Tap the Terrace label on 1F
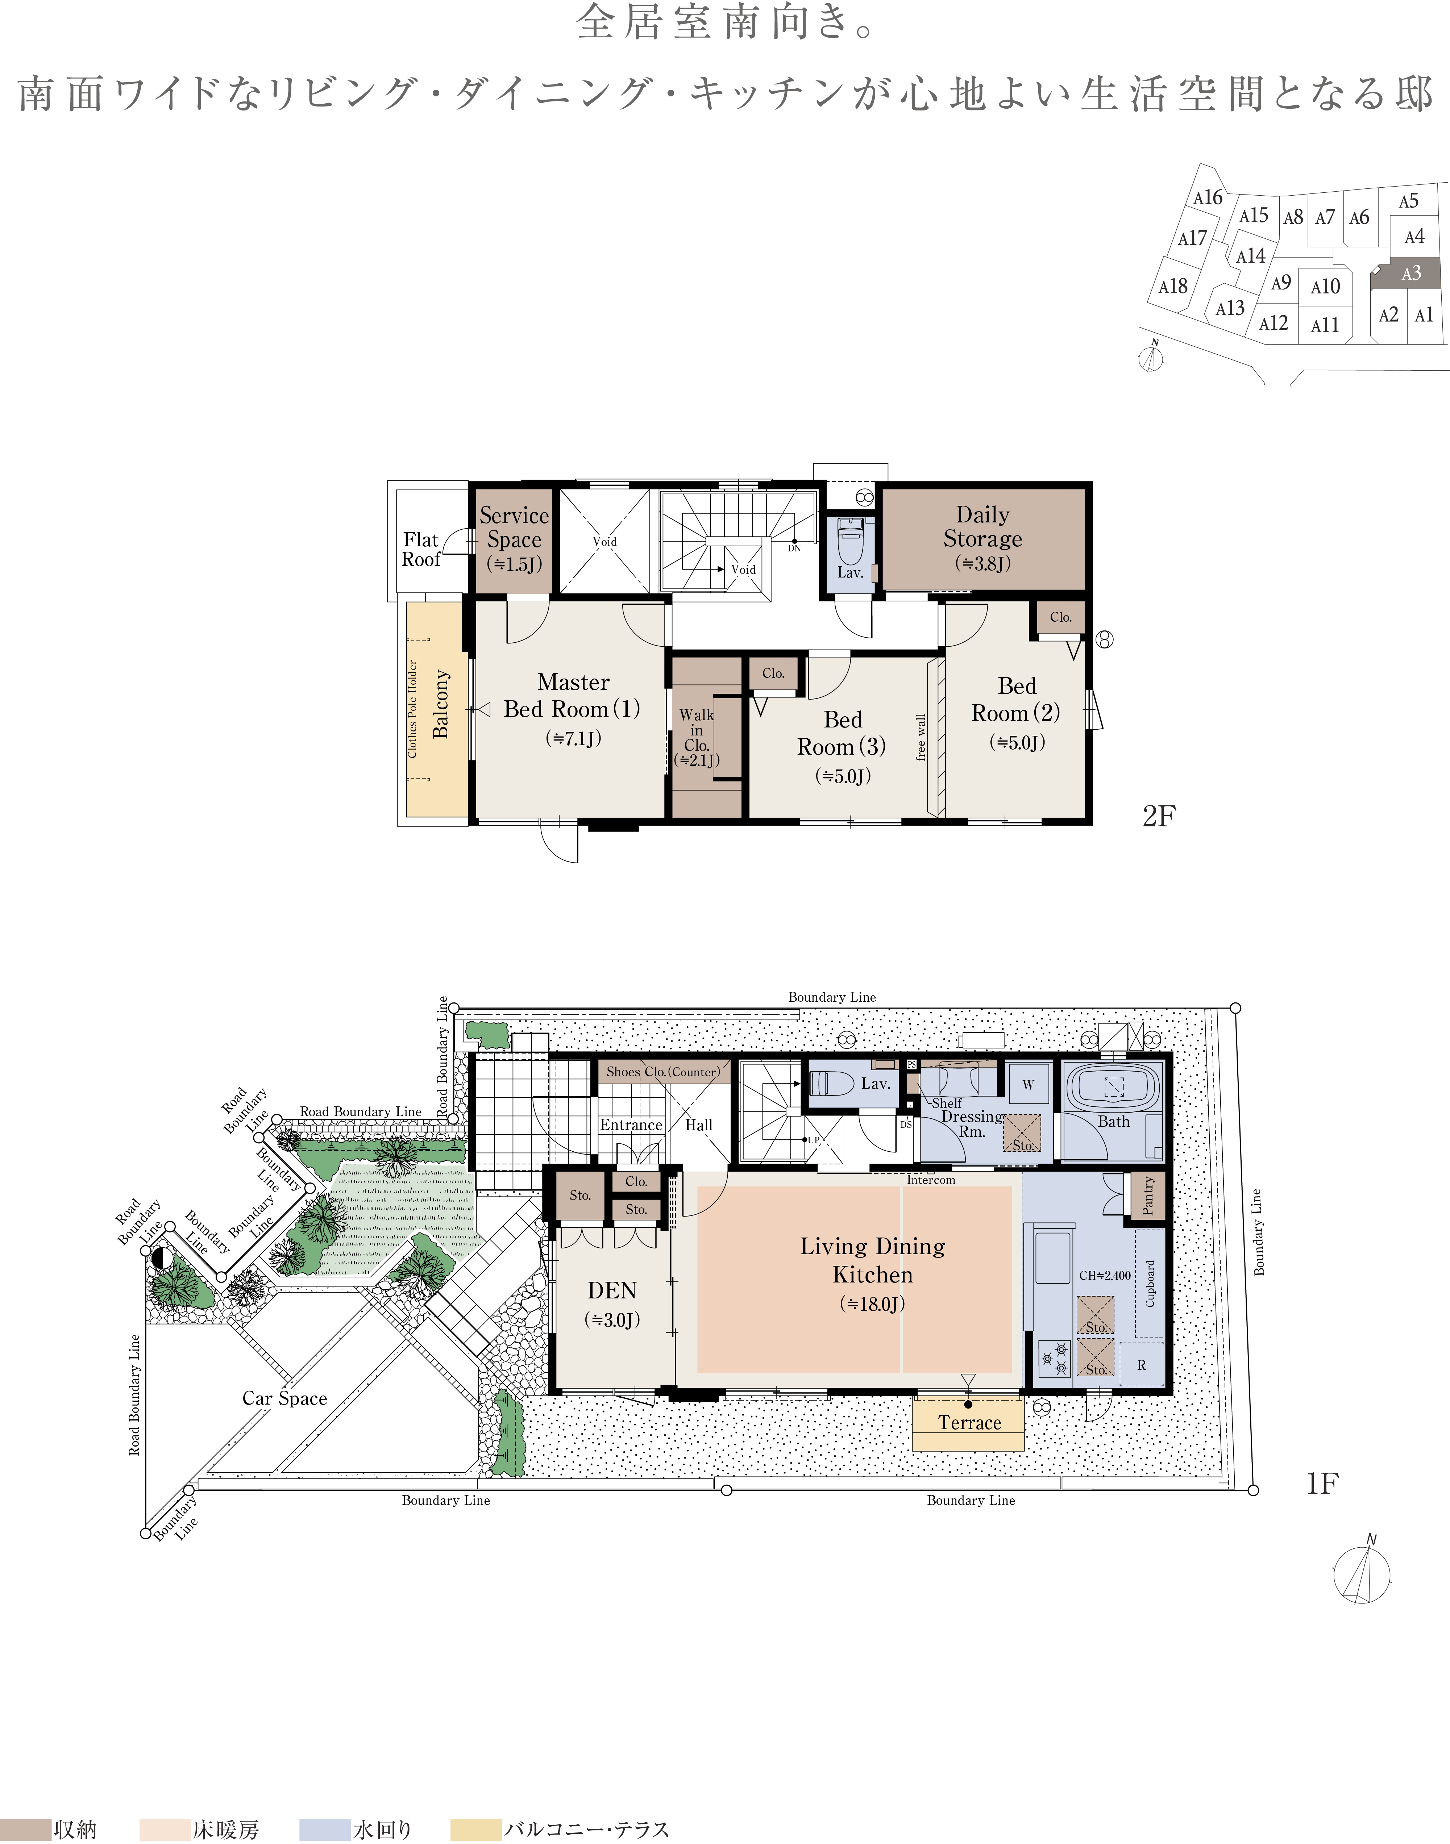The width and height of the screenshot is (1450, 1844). [x=969, y=1423]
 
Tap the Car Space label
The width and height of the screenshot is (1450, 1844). [x=284, y=1398]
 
